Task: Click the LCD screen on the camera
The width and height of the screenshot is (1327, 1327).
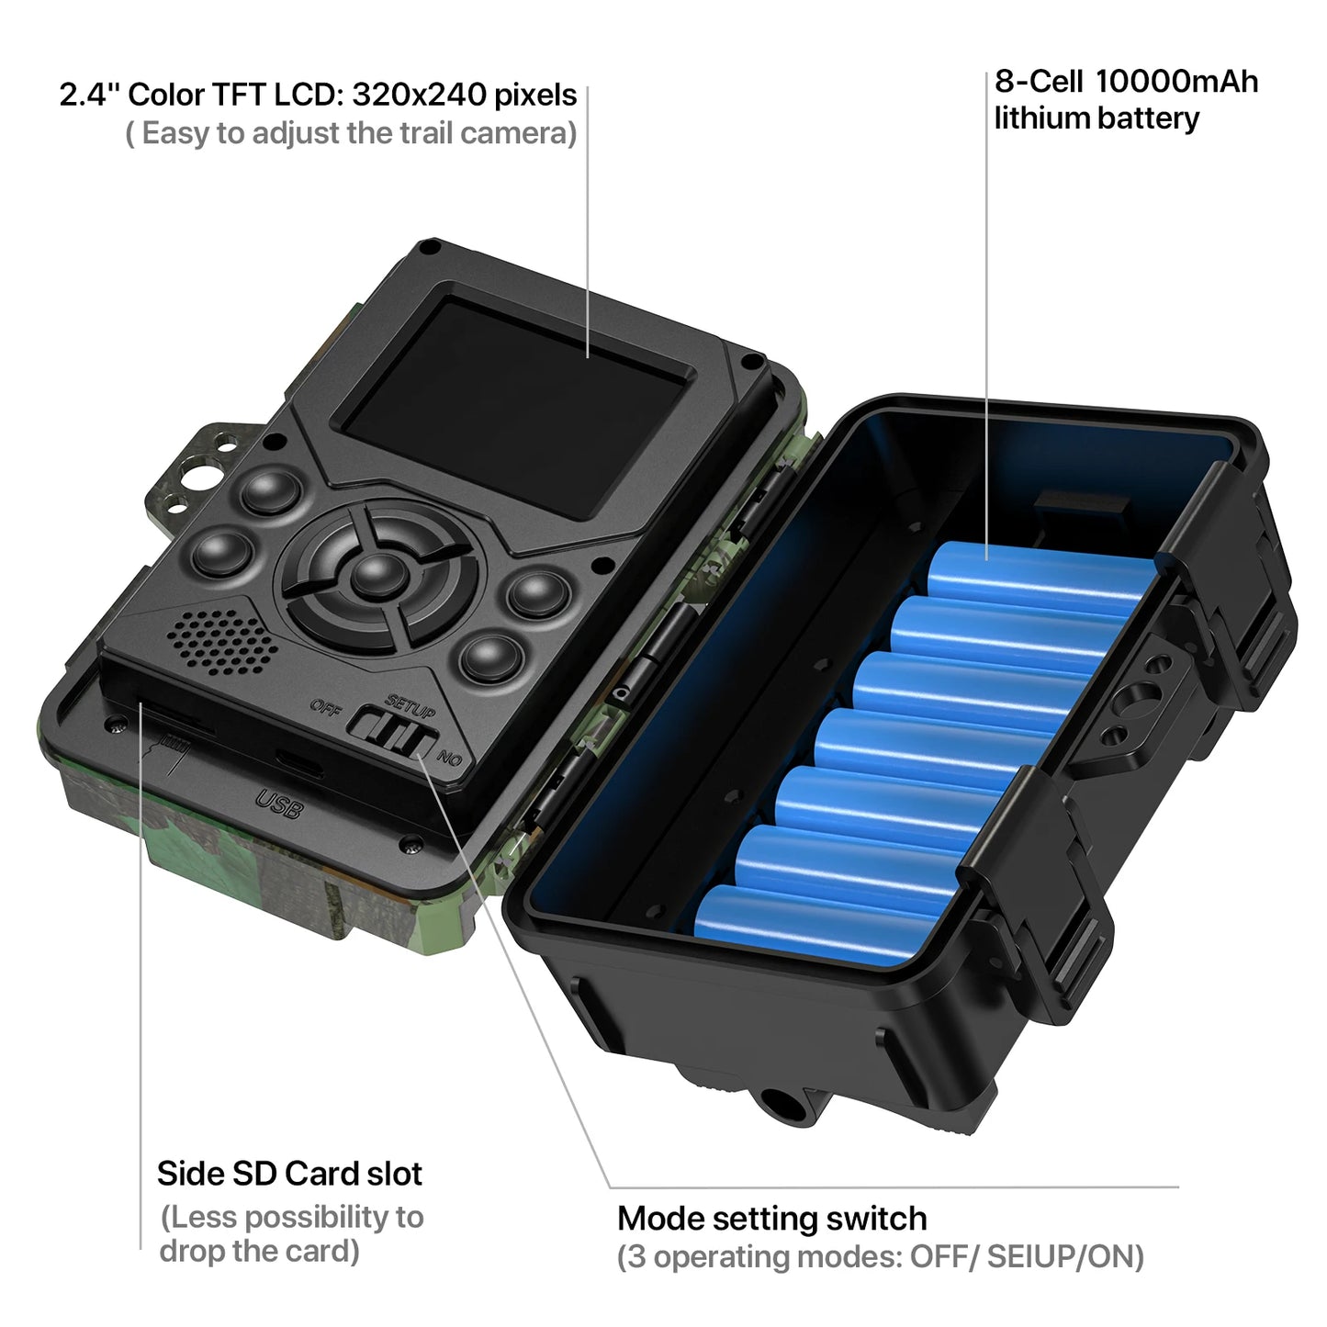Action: pyautogui.click(x=514, y=404)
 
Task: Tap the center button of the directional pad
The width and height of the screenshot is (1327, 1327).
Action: pyautogui.click(x=376, y=574)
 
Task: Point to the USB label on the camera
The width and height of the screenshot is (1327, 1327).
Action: pyautogui.click(x=279, y=804)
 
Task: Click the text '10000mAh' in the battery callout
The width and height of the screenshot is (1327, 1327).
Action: pyautogui.click(x=1176, y=82)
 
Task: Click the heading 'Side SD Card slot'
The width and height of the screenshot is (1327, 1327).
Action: pyautogui.click(x=289, y=1174)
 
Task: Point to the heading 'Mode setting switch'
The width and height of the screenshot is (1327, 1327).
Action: pyautogui.click(x=771, y=1219)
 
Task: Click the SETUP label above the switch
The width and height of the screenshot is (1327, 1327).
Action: pyautogui.click(x=410, y=706)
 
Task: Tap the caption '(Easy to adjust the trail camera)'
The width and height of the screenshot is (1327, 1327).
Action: pyautogui.click(x=351, y=134)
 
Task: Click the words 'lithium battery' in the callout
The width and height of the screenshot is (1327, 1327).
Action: pyautogui.click(x=1096, y=118)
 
